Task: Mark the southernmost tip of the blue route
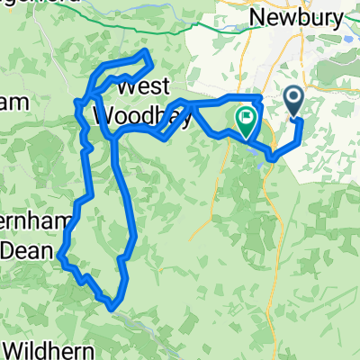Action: point(111,307)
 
